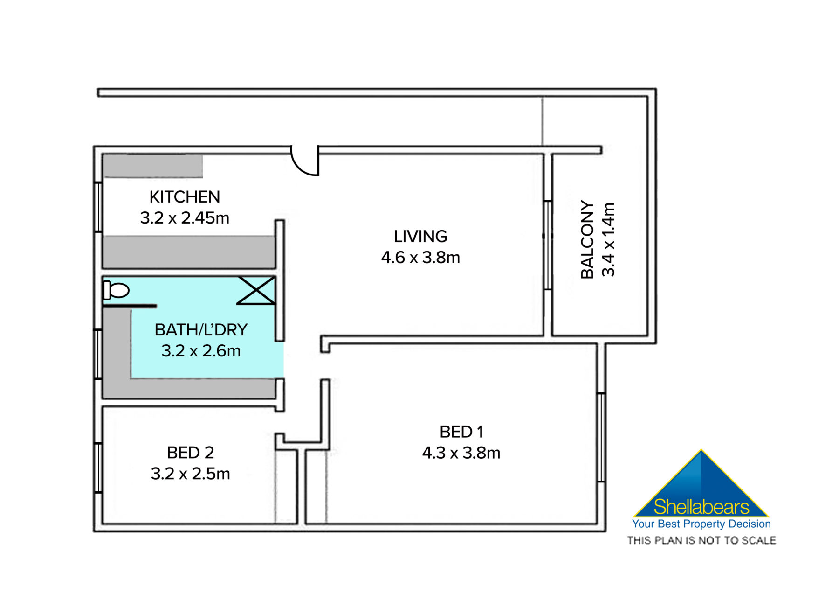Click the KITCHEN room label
pos(185,197)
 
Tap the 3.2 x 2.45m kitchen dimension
pos(185,218)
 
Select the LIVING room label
pos(420,237)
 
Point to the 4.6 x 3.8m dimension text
pos(420,258)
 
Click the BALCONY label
pos(587,239)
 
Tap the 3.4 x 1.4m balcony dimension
pos(609,239)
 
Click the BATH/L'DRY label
pos(201,330)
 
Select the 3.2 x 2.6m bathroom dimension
pos(201,351)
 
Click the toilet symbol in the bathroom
pos(117,290)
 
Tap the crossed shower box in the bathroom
pos(256,290)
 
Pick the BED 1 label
pos(461,432)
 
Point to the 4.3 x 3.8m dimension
pos(461,453)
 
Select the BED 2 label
pos(190,453)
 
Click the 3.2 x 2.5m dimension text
pos(190,474)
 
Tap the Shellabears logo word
pos(701,507)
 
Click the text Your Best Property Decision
pos(701,524)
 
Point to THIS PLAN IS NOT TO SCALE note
pos(701,540)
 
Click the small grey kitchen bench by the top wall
pos(153,166)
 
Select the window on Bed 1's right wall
pos(601,437)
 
